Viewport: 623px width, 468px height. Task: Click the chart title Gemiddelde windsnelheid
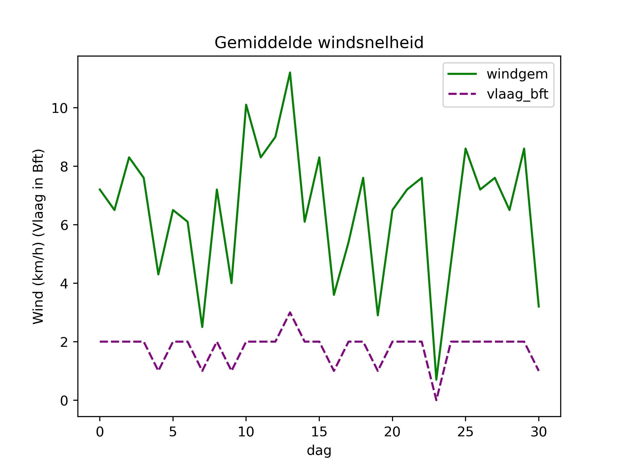pos(319,43)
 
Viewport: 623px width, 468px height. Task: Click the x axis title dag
pos(319,450)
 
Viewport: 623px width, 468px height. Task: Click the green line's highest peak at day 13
pos(290,73)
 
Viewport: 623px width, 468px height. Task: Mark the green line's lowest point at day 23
pos(436,380)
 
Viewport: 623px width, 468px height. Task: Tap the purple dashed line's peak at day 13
pos(290,312)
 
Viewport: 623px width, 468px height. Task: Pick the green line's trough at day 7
pos(202,327)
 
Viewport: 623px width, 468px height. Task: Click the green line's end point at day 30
pos(539,307)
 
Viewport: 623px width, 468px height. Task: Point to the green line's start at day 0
pos(100,189)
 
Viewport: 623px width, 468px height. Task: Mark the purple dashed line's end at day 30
pos(539,371)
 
